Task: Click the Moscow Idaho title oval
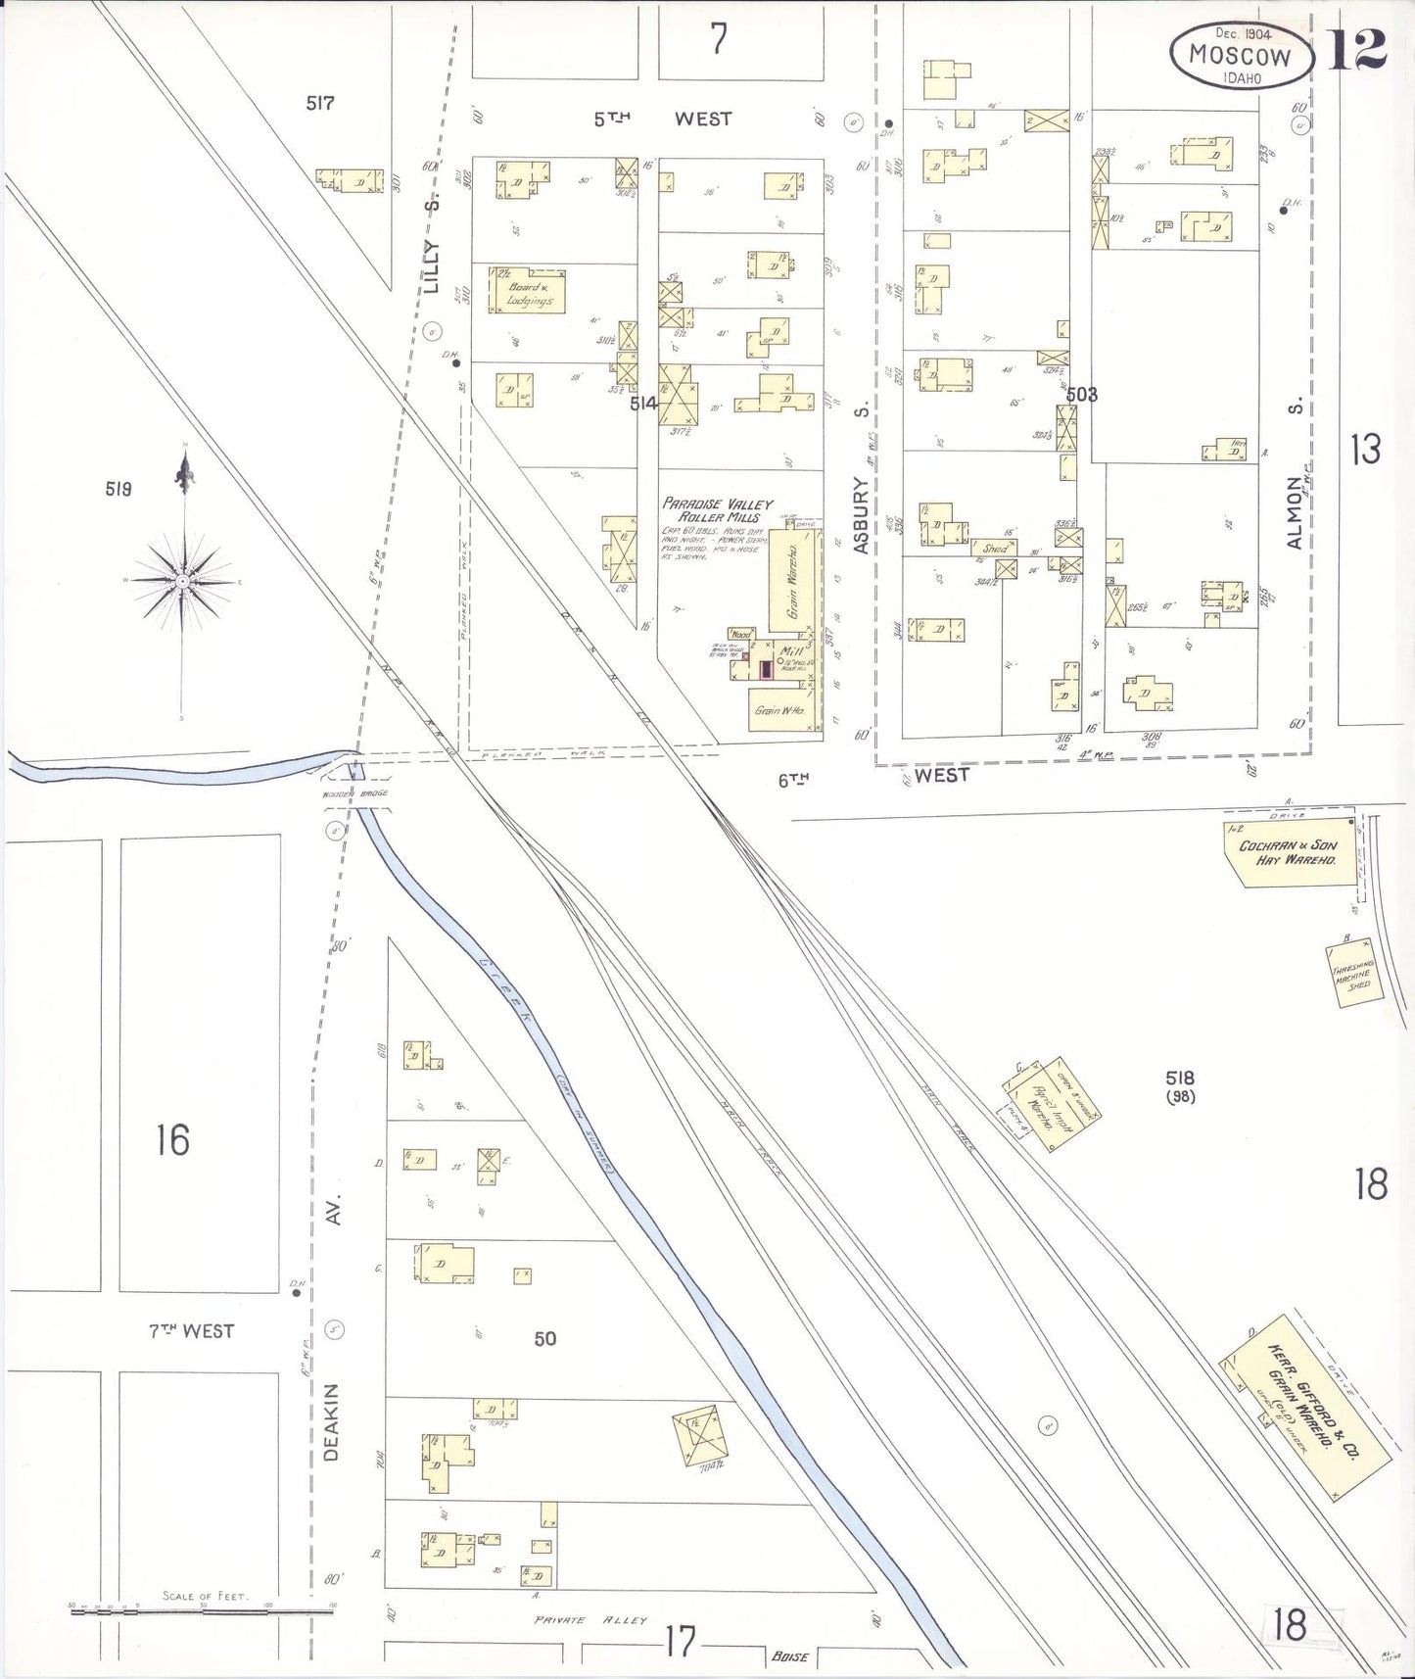pyautogui.click(x=1241, y=56)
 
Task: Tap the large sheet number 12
pyautogui.click(x=1356, y=49)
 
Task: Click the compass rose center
pyautogui.click(x=183, y=582)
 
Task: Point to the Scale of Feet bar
pyautogui.click(x=204, y=1609)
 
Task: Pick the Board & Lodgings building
pyautogui.click(x=530, y=291)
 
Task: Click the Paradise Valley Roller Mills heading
pyautogui.click(x=718, y=509)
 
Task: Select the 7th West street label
pyautogui.click(x=192, y=1331)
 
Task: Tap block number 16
pyautogui.click(x=172, y=1139)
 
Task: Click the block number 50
pyautogui.click(x=544, y=1338)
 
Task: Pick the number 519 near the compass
pyautogui.click(x=118, y=489)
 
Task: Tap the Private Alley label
pyautogui.click(x=590, y=1620)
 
